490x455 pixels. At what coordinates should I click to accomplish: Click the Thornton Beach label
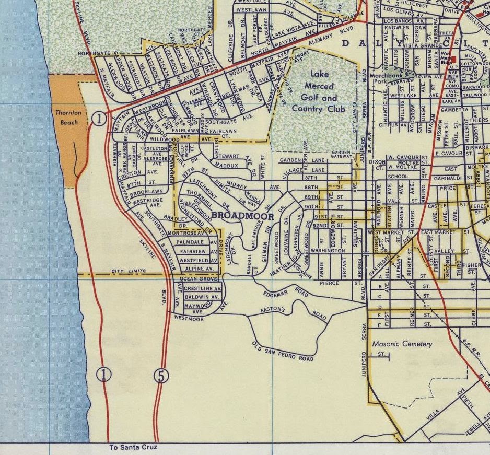tap(67, 118)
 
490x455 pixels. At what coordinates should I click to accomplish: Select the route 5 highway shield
tap(161, 375)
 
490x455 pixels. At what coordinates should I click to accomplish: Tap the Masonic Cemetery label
tap(402, 344)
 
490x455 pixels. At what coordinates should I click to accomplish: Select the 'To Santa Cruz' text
tap(133, 448)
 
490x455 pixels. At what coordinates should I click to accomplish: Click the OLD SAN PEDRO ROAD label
tap(283, 352)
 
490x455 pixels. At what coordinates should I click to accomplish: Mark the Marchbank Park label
tap(384, 79)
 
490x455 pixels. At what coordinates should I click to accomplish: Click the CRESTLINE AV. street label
tap(203, 288)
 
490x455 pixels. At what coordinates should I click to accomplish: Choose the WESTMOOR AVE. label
tap(189, 318)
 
